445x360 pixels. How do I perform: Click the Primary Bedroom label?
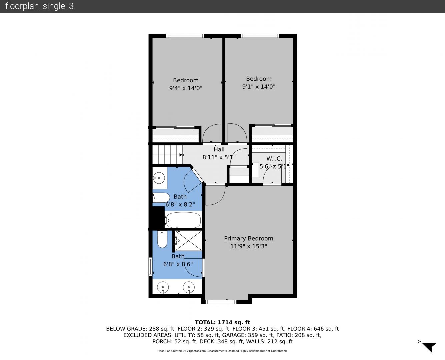coord(248,238)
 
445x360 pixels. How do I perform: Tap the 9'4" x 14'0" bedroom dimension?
coord(186,88)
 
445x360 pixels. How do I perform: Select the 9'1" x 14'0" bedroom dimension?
coord(259,87)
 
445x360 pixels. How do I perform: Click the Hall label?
coord(219,149)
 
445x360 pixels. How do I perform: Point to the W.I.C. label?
coord(274,159)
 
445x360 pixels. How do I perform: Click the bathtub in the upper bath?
coord(183,220)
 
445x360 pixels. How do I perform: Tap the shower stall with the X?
coord(188,240)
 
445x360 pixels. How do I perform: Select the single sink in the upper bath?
coord(159,178)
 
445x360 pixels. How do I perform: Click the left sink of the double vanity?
coord(163,287)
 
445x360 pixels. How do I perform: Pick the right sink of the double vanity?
coord(189,287)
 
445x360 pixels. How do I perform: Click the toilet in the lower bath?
coord(162,239)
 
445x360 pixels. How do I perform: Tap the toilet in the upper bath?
coord(161,198)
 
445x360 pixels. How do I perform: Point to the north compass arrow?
coord(429,347)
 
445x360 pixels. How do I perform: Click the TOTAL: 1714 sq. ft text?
coord(222,322)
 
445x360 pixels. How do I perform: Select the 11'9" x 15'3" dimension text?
coord(248,246)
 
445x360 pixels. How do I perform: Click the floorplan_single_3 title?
coord(39,6)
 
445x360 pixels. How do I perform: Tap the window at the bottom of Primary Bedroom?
coord(221,302)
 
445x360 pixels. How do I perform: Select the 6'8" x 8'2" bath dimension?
coord(180,204)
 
